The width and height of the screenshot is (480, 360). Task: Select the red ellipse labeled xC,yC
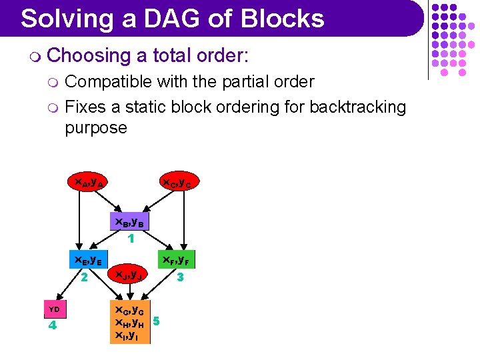coord(178,182)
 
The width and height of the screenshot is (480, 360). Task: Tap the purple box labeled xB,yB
coord(130,221)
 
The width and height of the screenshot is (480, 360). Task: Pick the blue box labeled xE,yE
coord(87,260)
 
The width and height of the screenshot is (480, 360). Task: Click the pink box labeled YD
coord(54,309)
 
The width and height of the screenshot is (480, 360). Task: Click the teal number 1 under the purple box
coord(131,237)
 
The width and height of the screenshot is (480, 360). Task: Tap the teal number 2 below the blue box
coord(85,276)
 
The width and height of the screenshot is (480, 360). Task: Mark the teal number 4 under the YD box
coord(52,326)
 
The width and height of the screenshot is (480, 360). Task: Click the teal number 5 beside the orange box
coord(156,321)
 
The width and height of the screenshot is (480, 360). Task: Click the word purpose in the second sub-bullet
coord(95,127)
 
